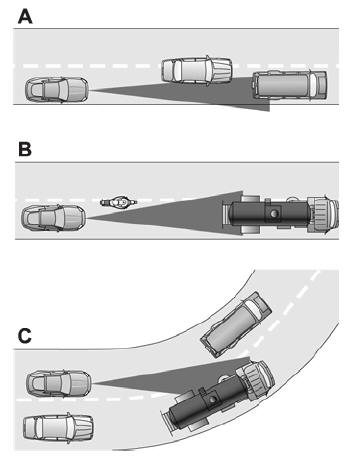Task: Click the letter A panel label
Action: (24, 15)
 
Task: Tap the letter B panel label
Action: (24, 149)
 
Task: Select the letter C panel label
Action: (24, 334)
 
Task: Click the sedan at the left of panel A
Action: (54, 92)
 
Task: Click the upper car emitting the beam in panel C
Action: (59, 382)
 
